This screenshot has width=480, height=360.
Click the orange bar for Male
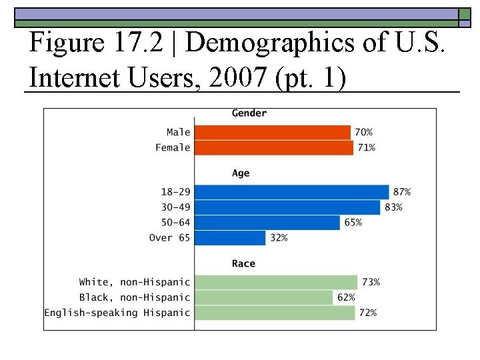272,133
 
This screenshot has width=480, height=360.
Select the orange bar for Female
273,147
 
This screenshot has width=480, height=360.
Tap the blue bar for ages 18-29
291,192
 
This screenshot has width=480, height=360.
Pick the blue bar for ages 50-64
267,223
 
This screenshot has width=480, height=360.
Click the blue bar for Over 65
230,238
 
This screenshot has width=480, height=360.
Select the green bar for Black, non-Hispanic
263,297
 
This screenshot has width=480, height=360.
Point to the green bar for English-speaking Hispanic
275,313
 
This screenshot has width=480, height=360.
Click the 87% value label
402,192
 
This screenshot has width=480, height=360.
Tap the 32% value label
279,238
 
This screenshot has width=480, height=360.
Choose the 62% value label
346,297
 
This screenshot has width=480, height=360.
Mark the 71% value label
367,147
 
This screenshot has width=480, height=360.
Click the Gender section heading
249,113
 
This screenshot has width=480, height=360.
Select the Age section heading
241,173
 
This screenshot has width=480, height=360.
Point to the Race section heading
243,264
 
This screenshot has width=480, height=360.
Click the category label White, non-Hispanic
135,283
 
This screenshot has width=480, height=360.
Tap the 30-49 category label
175,207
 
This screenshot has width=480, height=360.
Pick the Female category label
173,147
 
